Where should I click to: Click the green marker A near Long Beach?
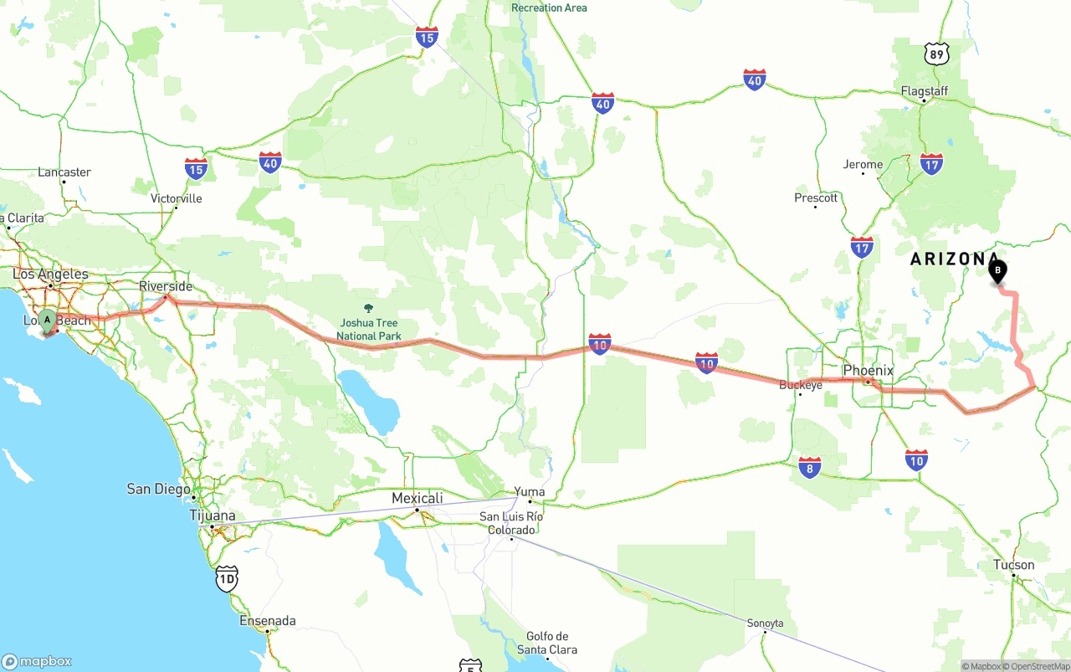tap(48, 320)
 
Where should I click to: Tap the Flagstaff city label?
tap(924, 90)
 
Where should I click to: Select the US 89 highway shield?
tap(937, 54)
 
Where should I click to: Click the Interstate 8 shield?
tap(809, 467)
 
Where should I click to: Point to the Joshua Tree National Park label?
tap(368, 329)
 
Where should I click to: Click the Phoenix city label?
tap(868, 370)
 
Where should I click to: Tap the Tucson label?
tap(1013, 565)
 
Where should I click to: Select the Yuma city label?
tap(529, 492)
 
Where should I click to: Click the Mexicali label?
tap(417, 498)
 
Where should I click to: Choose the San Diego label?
tap(158, 489)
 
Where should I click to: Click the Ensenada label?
tap(267, 621)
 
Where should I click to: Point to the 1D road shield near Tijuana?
tap(226, 577)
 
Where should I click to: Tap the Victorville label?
tap(176, 198)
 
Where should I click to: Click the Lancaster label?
tap(64, 172)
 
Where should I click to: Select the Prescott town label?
tap(815, 197)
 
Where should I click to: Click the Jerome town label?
tap(862, 164)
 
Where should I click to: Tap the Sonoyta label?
tap(765, 623)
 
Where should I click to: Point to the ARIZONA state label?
tap(954, 259)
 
